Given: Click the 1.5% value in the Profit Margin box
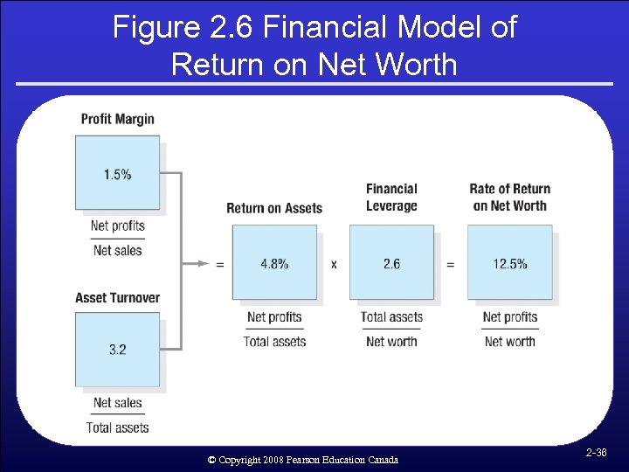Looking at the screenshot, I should click(x=117, y=174).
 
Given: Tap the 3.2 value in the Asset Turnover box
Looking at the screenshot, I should click(x=117, y=350).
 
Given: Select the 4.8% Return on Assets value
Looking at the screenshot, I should click(x=274, y=263).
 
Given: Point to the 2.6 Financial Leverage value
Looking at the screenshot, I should click(x=391, y=263).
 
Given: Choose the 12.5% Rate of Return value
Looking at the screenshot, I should click(x=509, y=263).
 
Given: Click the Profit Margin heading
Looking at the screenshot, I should click(x=117, y=119).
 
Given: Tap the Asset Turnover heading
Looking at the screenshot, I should click(x=117, y=298).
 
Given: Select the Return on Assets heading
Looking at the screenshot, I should click(x=274, y=208).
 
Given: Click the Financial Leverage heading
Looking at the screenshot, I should click(x=391, y=198).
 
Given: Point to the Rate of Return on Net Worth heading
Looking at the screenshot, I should click(x=509, y=198).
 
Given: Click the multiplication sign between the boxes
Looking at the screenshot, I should click(x=334, y=264).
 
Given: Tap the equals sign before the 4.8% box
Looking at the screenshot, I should click(x=219, y=264).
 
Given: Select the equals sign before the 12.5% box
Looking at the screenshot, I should click(x=451, y=264).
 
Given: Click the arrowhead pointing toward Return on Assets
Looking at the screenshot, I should click(x=203, y=263).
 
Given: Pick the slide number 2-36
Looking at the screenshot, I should click(x=596, y=453).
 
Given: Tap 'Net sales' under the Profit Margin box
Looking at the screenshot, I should click(x=117, y=250).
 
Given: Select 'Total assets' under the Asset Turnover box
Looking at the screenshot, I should click(x=117, y=427).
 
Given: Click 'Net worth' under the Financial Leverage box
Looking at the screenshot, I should click(x=391, y=341).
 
